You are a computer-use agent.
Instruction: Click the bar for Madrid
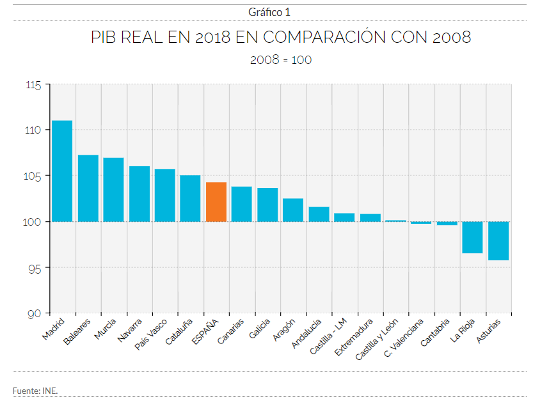(x=62, y=171)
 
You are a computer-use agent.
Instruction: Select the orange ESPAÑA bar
(x=216, y=202)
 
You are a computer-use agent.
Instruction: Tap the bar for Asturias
(x=498, y=240)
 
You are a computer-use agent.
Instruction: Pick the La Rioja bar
(x=472, y=237)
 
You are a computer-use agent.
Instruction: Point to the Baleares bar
(x=88, y=188)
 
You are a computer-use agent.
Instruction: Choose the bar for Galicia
(x=267, y=205)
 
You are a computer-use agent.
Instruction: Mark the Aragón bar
(x=293, y=210)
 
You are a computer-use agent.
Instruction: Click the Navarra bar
(x=139, y=194)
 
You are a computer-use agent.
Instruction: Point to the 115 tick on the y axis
(x=33, y=84)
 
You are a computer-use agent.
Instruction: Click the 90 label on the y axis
(x=35, y=313)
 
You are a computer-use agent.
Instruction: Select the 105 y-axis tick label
(x=33, y=176)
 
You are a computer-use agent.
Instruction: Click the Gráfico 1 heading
(x=269, y=12)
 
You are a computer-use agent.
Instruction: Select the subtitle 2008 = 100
(x=281, y=59)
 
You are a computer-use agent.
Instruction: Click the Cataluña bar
(x=191, y=198)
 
